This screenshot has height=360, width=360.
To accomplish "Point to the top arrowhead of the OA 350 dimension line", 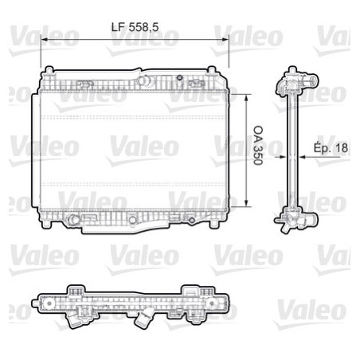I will point(249,96).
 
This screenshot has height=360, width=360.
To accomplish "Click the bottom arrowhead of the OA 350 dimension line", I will point(249,205).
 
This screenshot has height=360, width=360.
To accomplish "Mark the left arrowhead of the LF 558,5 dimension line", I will point(44,38).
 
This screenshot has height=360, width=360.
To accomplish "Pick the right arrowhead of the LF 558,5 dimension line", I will point(225,38).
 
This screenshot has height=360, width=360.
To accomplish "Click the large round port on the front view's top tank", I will point(144,80).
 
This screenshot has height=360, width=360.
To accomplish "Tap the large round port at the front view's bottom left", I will point(75,219).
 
